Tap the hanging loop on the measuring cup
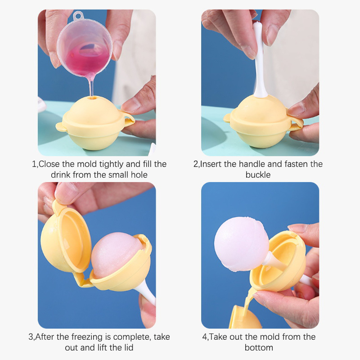78,15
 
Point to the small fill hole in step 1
94,98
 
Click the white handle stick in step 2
260,60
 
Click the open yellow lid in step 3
65,237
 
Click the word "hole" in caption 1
139,175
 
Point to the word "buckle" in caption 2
258,175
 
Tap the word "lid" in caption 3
129,347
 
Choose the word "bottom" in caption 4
259,347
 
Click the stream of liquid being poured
91,85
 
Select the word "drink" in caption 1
61,175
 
